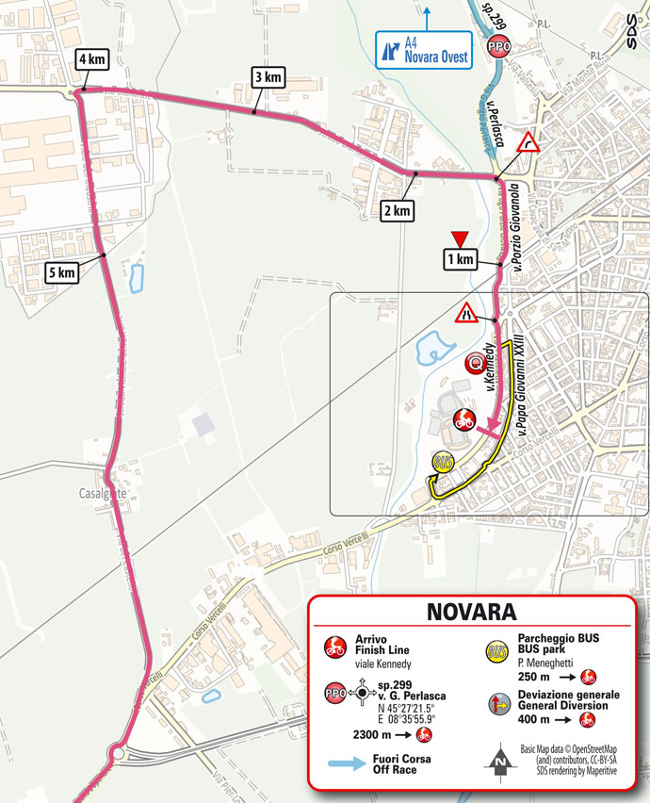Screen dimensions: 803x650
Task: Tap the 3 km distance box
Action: coord(267,76)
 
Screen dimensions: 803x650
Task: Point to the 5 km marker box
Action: coord(61,273)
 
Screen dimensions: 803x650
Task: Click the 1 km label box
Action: coord(460,259)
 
